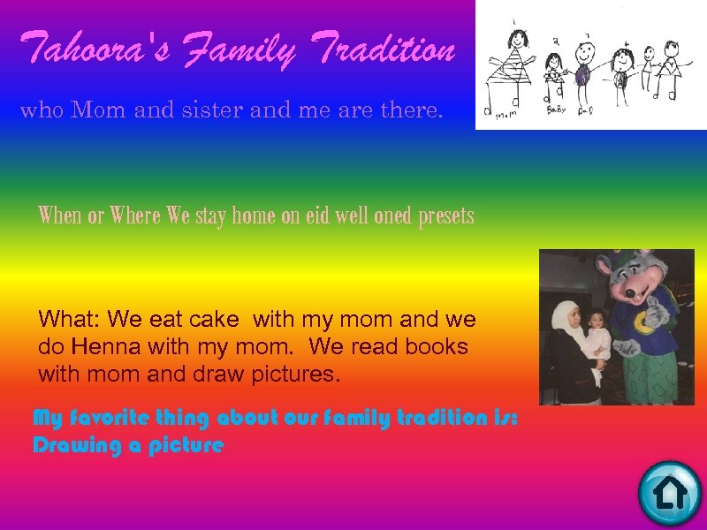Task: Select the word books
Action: click(437, 346)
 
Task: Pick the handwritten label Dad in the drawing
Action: click(583, 110)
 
